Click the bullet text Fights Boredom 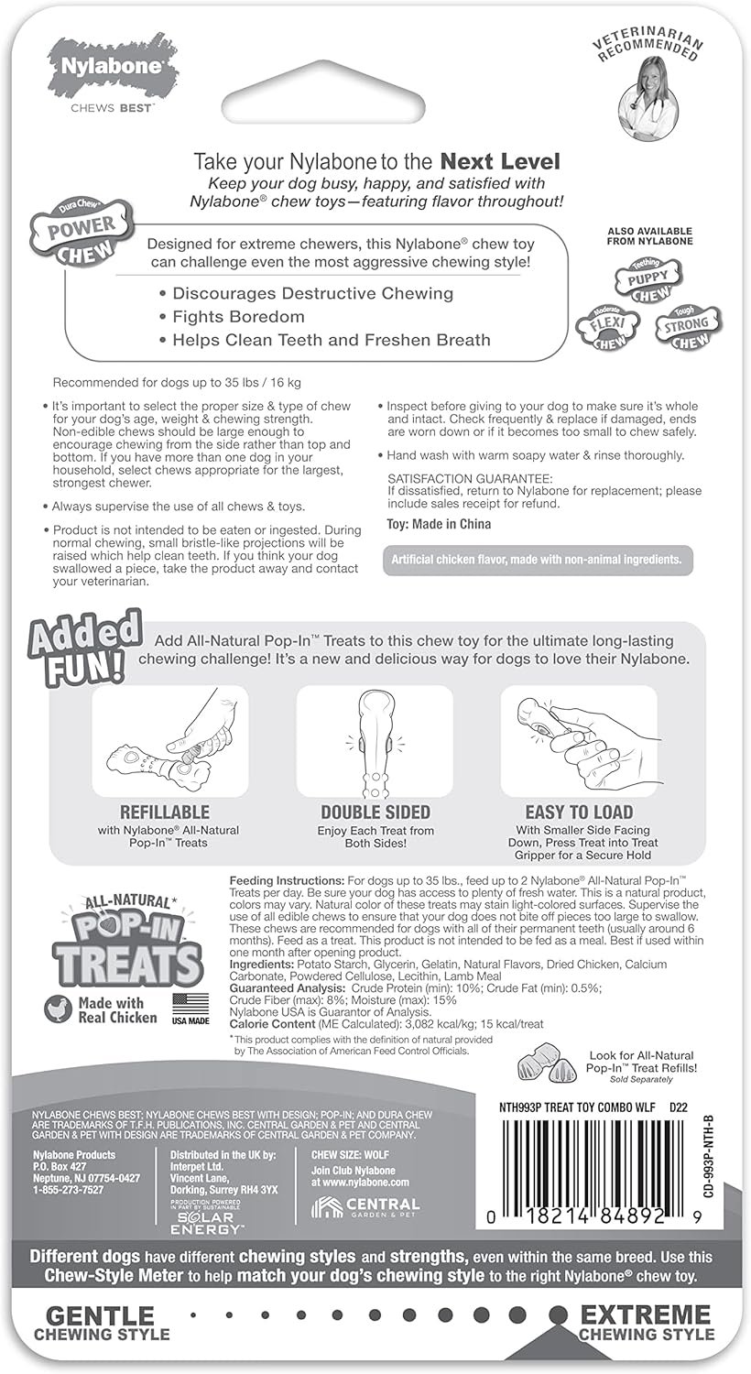tap(238, 317)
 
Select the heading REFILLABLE tap(165, 812)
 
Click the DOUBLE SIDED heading tap(376, 812)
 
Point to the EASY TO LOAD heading tap(578, 812)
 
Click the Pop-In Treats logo tap(125, 943)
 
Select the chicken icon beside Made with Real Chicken tap(58, 1009)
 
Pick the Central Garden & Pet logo tap(365, 1206)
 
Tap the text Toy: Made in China tap(439, 524)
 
